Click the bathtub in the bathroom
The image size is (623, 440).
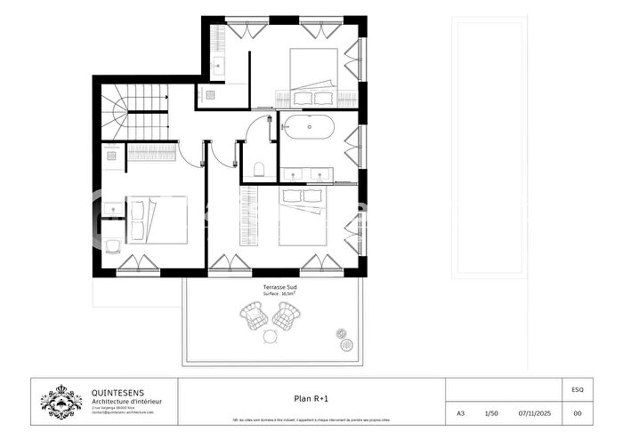point(309,126)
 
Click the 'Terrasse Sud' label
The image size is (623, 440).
point(279,286)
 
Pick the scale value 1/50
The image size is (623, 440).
point(491,413)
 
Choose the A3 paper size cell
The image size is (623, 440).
point(460,413)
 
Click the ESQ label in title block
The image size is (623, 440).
point(578,388)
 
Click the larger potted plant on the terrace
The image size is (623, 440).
point(342,334)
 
